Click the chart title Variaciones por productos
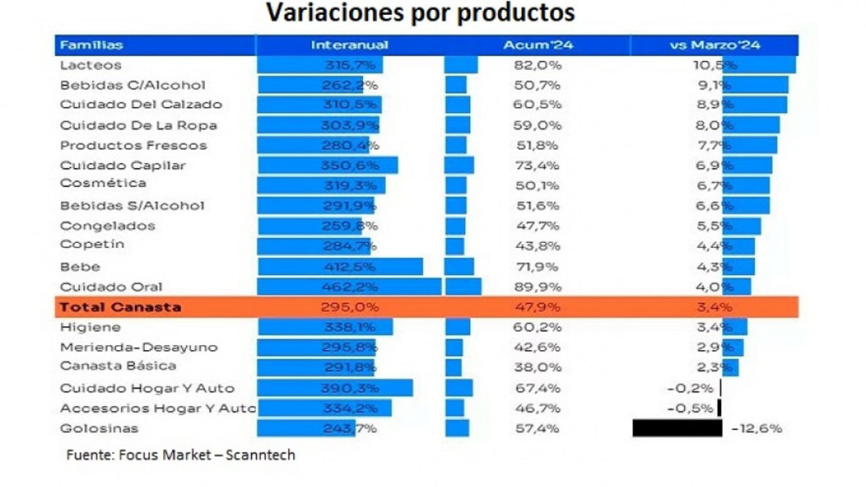click(x=421, y=13)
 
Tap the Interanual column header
click(x=349, y=45)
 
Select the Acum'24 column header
click(x=533, y=45)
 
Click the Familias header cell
click(x=91, y=45)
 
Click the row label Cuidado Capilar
click(x=123, y=165)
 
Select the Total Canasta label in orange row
click(x=120, y=307)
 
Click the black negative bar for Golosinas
click(x=677, y=428)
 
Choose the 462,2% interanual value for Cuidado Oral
click(x=349, y=286)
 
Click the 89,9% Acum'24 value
click(x=533, y=286)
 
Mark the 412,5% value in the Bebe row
click(x=349, y=267)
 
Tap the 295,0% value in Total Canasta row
click(x=349, y=307)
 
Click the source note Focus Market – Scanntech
click(x=180, y=455)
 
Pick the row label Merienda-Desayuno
click(x=139, y=347)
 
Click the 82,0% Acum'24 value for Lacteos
click(x=533, y=65)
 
